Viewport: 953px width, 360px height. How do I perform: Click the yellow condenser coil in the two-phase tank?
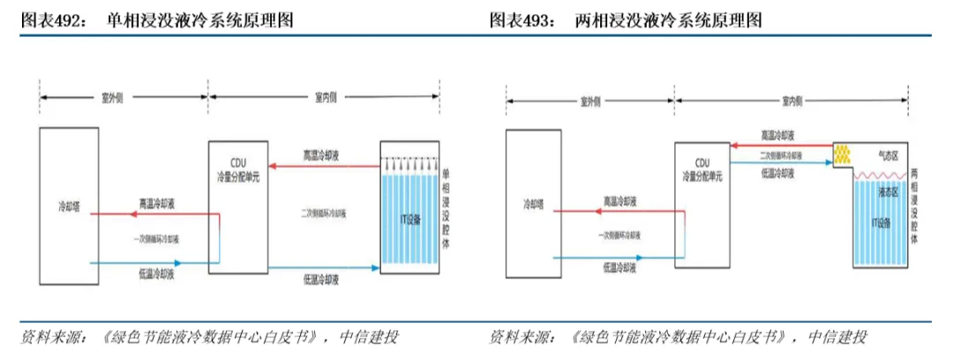coord(846,155)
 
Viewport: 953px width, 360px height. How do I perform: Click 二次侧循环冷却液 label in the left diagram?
coord(323,214)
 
